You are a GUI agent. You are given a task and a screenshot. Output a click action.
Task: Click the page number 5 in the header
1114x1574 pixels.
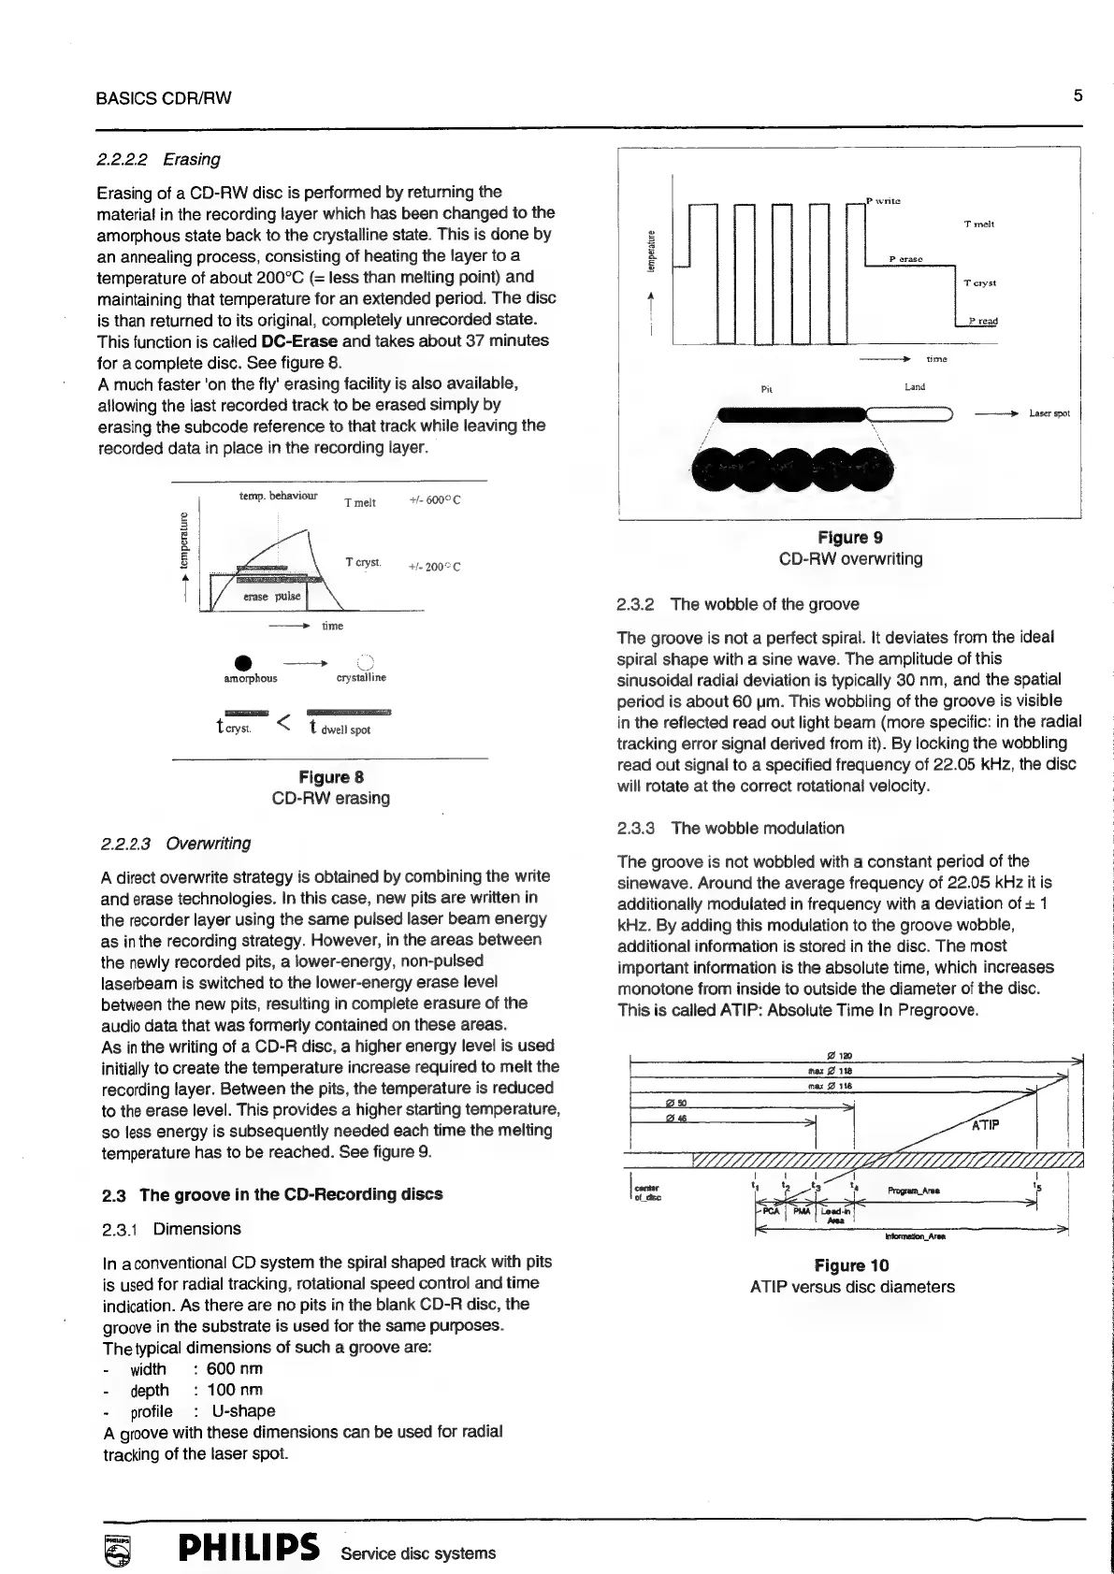pyautogui.click(x=1078, y=95)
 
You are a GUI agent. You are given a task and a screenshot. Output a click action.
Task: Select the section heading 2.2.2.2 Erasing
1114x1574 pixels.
pyautogui.click(x=159, y=159)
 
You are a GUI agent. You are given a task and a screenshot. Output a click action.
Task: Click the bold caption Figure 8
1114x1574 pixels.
pyautogui.click(x=330, y=777)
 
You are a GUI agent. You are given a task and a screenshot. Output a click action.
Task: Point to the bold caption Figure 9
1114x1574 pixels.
pyautogui.click(x=849, y=538)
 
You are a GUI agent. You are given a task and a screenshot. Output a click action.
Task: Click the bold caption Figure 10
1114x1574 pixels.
pyautogui.click(x=851, y=1265)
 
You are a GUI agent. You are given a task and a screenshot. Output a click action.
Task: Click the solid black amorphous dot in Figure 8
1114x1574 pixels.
pyautogui.click(x=241, y=662)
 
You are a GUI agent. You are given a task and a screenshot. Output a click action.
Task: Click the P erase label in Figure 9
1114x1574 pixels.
pyautogui.click(x=905, y=258)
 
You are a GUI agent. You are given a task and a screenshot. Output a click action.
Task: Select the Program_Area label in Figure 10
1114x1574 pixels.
pyautogui.click(x=914, y=1191)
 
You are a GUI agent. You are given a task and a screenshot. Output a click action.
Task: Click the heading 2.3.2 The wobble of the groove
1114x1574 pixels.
pyautogui.click(x=737, y=604)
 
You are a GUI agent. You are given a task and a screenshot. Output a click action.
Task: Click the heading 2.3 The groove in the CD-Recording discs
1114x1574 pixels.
pyautogui.click(x=271, y=1194)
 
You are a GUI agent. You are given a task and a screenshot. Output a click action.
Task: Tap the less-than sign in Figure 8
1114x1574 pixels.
pyautogui.click(x=285, y=722)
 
